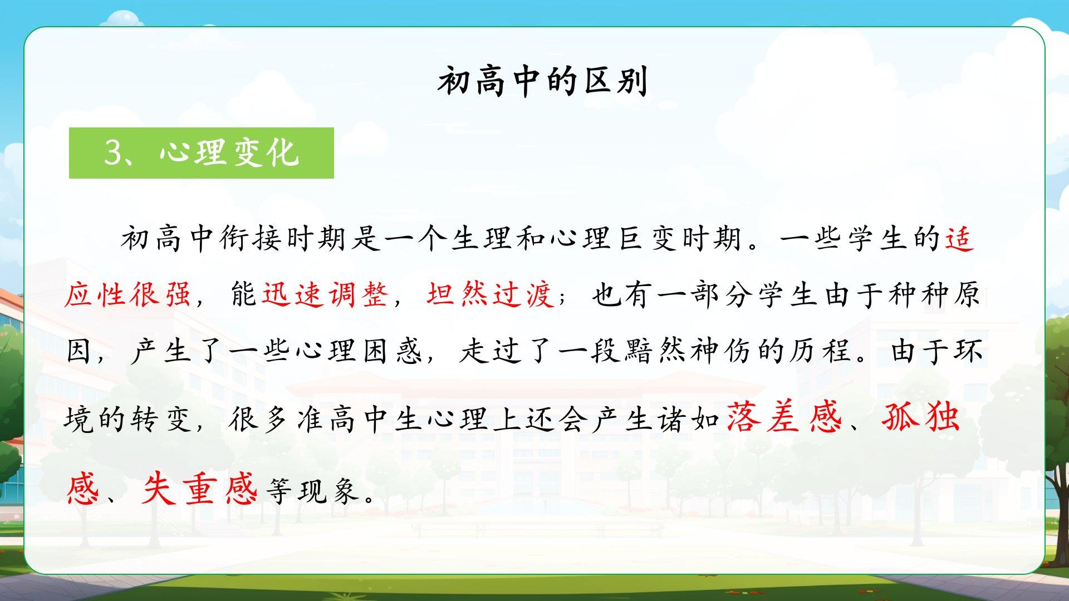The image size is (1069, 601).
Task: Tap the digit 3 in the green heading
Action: [113, 152]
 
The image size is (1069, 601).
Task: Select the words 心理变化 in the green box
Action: [229, 152]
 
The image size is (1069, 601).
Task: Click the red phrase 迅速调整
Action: [325, 293]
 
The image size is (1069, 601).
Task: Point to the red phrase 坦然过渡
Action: [490, 293]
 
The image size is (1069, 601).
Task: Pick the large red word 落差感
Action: [784, 417]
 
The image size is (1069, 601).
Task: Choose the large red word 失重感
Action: [199, 488]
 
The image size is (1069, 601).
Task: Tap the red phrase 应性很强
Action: [128, 293]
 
